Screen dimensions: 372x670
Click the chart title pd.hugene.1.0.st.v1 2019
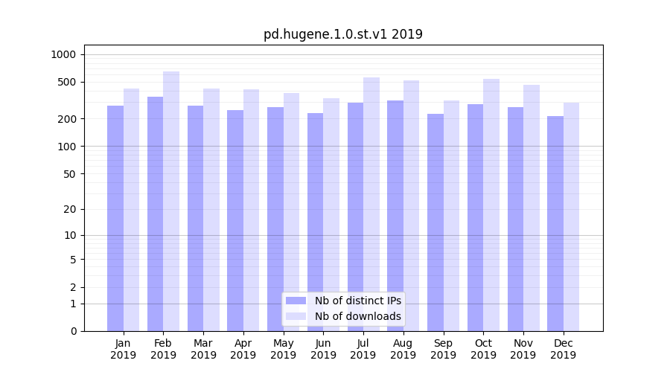[343, 34]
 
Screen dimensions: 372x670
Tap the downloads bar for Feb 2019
[171, 201]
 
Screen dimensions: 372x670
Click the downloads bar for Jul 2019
[371, 204]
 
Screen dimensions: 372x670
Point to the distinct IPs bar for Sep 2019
[435, 222]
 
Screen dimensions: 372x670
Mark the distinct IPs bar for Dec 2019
[555, 223]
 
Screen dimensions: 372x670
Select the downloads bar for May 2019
[291, 212]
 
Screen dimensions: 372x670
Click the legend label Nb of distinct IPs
[358, 301]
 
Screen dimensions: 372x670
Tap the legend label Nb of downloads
[358, 316]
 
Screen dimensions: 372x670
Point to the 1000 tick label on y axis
[63, 54]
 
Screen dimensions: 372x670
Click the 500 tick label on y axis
[66, 82]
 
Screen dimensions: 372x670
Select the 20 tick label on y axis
[69, 209]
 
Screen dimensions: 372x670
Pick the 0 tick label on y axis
[73, 331]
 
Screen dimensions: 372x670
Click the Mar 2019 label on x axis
[203, 349]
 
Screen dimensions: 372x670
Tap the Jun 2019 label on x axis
[323, 349]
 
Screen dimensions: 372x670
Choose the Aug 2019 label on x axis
[403, 349]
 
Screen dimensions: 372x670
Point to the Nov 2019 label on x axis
[523, 349]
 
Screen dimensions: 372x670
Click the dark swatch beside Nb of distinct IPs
[296, 301]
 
